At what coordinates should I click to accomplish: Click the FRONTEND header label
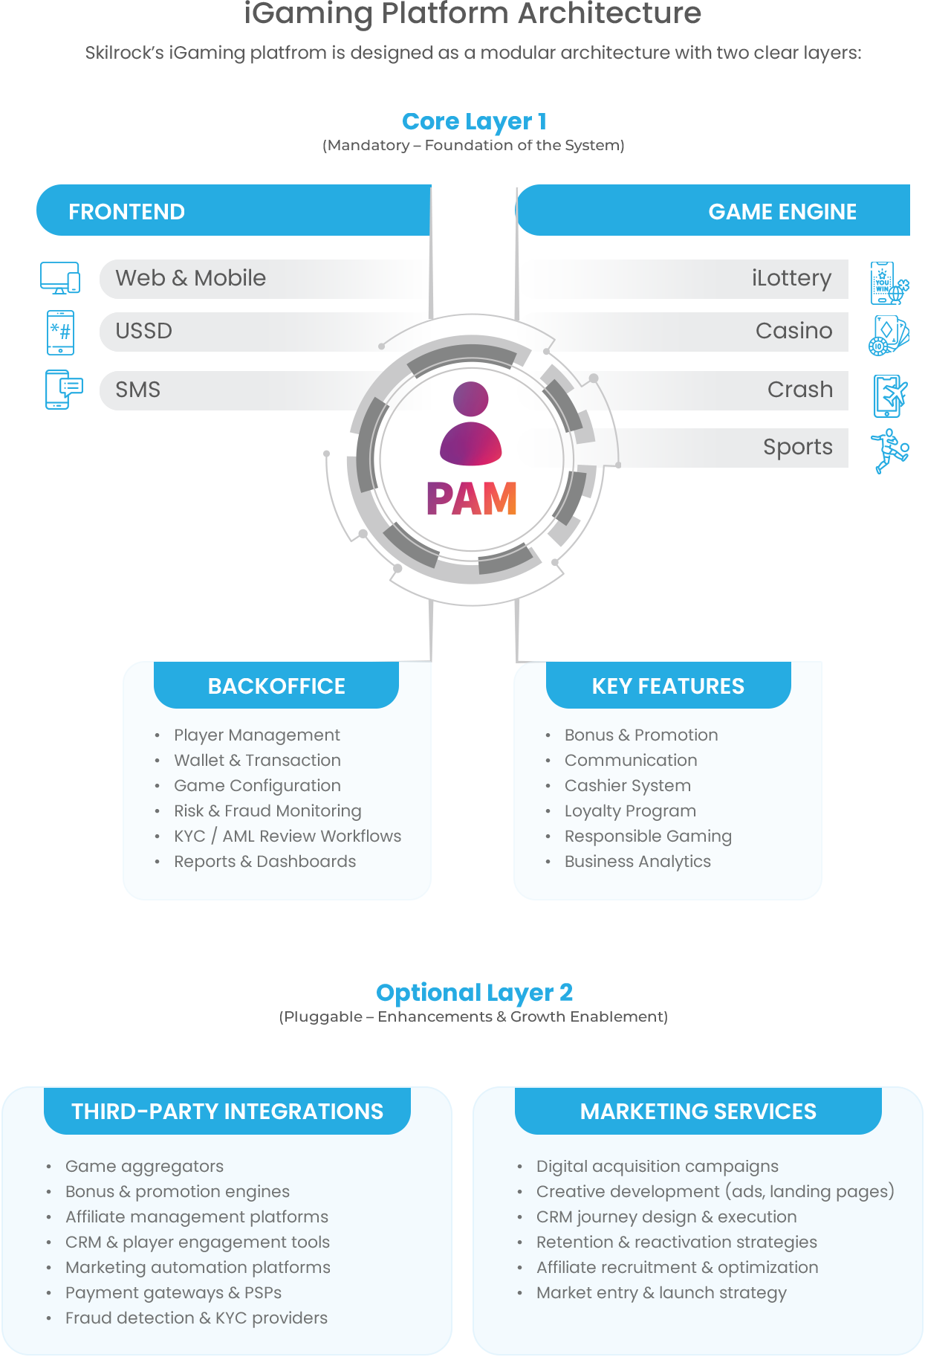(126, 212)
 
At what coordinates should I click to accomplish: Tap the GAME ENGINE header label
(782, 212)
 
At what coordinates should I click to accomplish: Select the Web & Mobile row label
(190, 278)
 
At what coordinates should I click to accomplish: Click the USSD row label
(143, 331)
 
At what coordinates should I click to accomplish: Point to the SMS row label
(137, 390)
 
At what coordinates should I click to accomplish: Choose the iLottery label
(791, 278)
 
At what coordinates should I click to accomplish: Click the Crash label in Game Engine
(799, 390)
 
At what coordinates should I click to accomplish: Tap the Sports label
(797, 447)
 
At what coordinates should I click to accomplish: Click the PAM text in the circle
(471, 499)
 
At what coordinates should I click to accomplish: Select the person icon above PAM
(471, 424)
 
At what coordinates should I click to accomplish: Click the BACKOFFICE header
(276, 686)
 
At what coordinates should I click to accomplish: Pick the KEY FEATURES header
(668, 686)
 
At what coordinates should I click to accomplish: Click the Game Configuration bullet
(257, 786)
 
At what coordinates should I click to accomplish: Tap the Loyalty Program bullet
(630, 811)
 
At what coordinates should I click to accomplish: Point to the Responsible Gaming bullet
(648, 837)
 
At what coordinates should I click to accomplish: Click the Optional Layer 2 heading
(474, 993)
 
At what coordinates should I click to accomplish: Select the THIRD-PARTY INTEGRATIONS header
(227, 1112)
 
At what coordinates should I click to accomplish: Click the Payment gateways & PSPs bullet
(173, 1293)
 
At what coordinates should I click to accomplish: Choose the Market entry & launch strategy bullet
(661, 1293)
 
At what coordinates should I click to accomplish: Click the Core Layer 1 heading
(473, 122)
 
